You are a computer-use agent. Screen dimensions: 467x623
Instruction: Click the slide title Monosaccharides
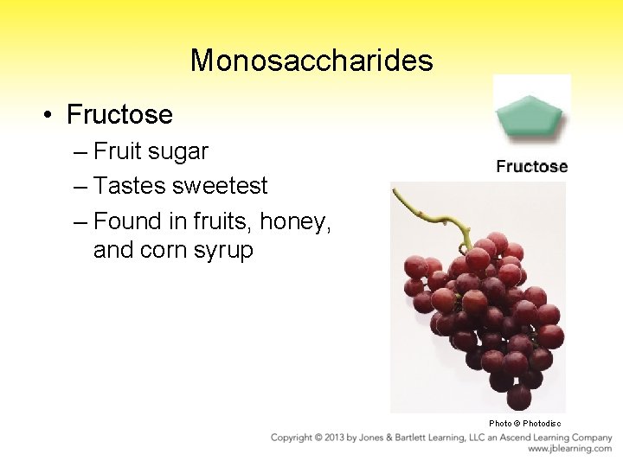[311, 61]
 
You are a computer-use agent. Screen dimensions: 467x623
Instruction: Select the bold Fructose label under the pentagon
[531, 167]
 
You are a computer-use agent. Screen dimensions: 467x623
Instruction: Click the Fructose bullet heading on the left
[119, 114]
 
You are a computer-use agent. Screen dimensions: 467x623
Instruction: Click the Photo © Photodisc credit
[524, 423]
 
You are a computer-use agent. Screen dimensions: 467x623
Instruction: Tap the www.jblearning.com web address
[569, 449]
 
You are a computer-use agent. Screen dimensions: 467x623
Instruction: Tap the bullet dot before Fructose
[52, 115]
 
